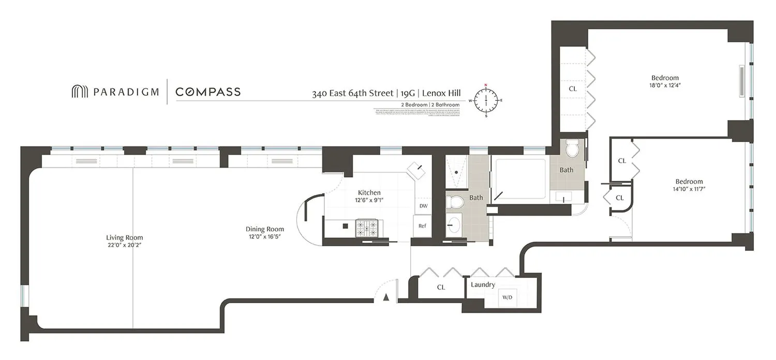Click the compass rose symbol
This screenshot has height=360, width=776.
pos(486,100)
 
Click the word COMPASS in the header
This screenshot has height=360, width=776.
pos(208,92)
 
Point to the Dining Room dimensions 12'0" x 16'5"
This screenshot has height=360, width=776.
pos(265,237)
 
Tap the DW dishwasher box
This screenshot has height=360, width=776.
pos(423,206)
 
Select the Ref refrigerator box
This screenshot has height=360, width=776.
pos(422,226)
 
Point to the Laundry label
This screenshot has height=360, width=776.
pos(483,284)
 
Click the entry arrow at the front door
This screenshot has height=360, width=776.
pos(385,297)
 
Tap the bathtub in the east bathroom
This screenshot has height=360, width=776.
pos(520,179)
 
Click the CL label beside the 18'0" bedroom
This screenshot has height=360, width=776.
pos(573,88)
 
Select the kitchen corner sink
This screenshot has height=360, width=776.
pos(417,170)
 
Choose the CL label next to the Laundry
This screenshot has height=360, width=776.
pos(441,287)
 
